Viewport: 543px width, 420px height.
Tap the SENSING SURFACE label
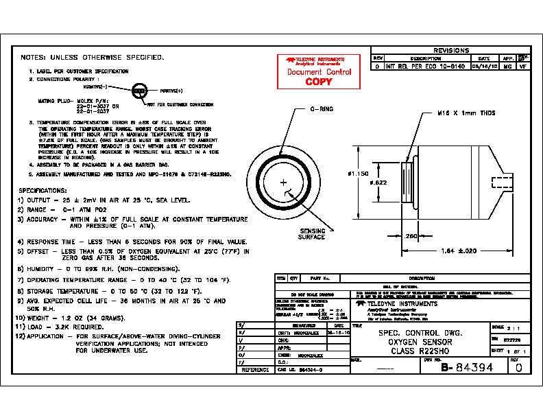point(312,234)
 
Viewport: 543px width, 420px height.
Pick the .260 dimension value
point(411,236)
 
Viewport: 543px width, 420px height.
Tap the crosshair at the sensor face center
point(283,182)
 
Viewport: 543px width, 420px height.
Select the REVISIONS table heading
point(451,50)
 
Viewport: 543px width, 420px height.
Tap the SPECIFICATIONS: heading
point(43,190)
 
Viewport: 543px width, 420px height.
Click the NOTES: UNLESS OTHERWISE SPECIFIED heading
point(93,57)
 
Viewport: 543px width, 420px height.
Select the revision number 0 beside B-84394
point(518,367)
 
